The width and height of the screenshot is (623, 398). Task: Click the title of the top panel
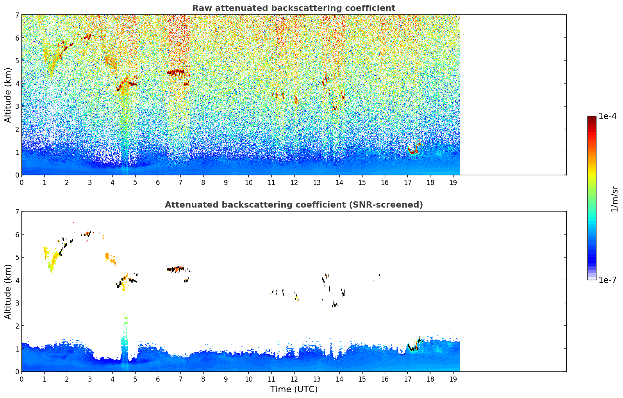tap(294, 8)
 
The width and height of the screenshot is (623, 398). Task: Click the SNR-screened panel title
tap(294, 204)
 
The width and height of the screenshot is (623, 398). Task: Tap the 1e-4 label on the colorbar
tap(607, 116)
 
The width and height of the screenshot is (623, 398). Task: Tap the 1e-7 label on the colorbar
tap(607, 280)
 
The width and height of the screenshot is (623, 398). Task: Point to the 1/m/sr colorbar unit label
tap(614, 199)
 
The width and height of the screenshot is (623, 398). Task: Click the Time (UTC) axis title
tap(294, 389)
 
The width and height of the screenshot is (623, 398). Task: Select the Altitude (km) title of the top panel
tap(8, 95)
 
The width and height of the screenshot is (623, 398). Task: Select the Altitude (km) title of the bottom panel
tap(8, 291)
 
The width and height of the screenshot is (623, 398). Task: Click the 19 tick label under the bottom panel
tap(453, 379)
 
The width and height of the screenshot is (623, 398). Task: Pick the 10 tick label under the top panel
tap(249, 183)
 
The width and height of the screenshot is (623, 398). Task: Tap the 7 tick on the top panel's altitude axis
tap(17, 15)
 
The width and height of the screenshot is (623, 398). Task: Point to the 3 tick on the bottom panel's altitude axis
tap(17, 303)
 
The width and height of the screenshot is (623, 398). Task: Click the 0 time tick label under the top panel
tap(22, 183)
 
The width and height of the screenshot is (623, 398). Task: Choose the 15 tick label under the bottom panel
tap(362, 379)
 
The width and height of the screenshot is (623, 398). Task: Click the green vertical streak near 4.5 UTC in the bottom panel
tap(125, 334)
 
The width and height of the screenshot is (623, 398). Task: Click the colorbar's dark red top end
tap(592, 117)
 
